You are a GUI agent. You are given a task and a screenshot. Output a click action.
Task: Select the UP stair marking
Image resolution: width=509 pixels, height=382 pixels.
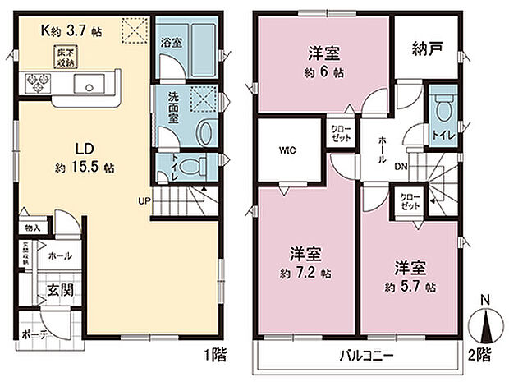pos(143,200)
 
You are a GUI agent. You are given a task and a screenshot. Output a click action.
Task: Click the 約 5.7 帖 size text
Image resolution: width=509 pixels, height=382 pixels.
pos(408,288)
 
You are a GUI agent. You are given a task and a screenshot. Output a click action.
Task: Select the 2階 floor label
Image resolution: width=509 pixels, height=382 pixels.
pos(481,356)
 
